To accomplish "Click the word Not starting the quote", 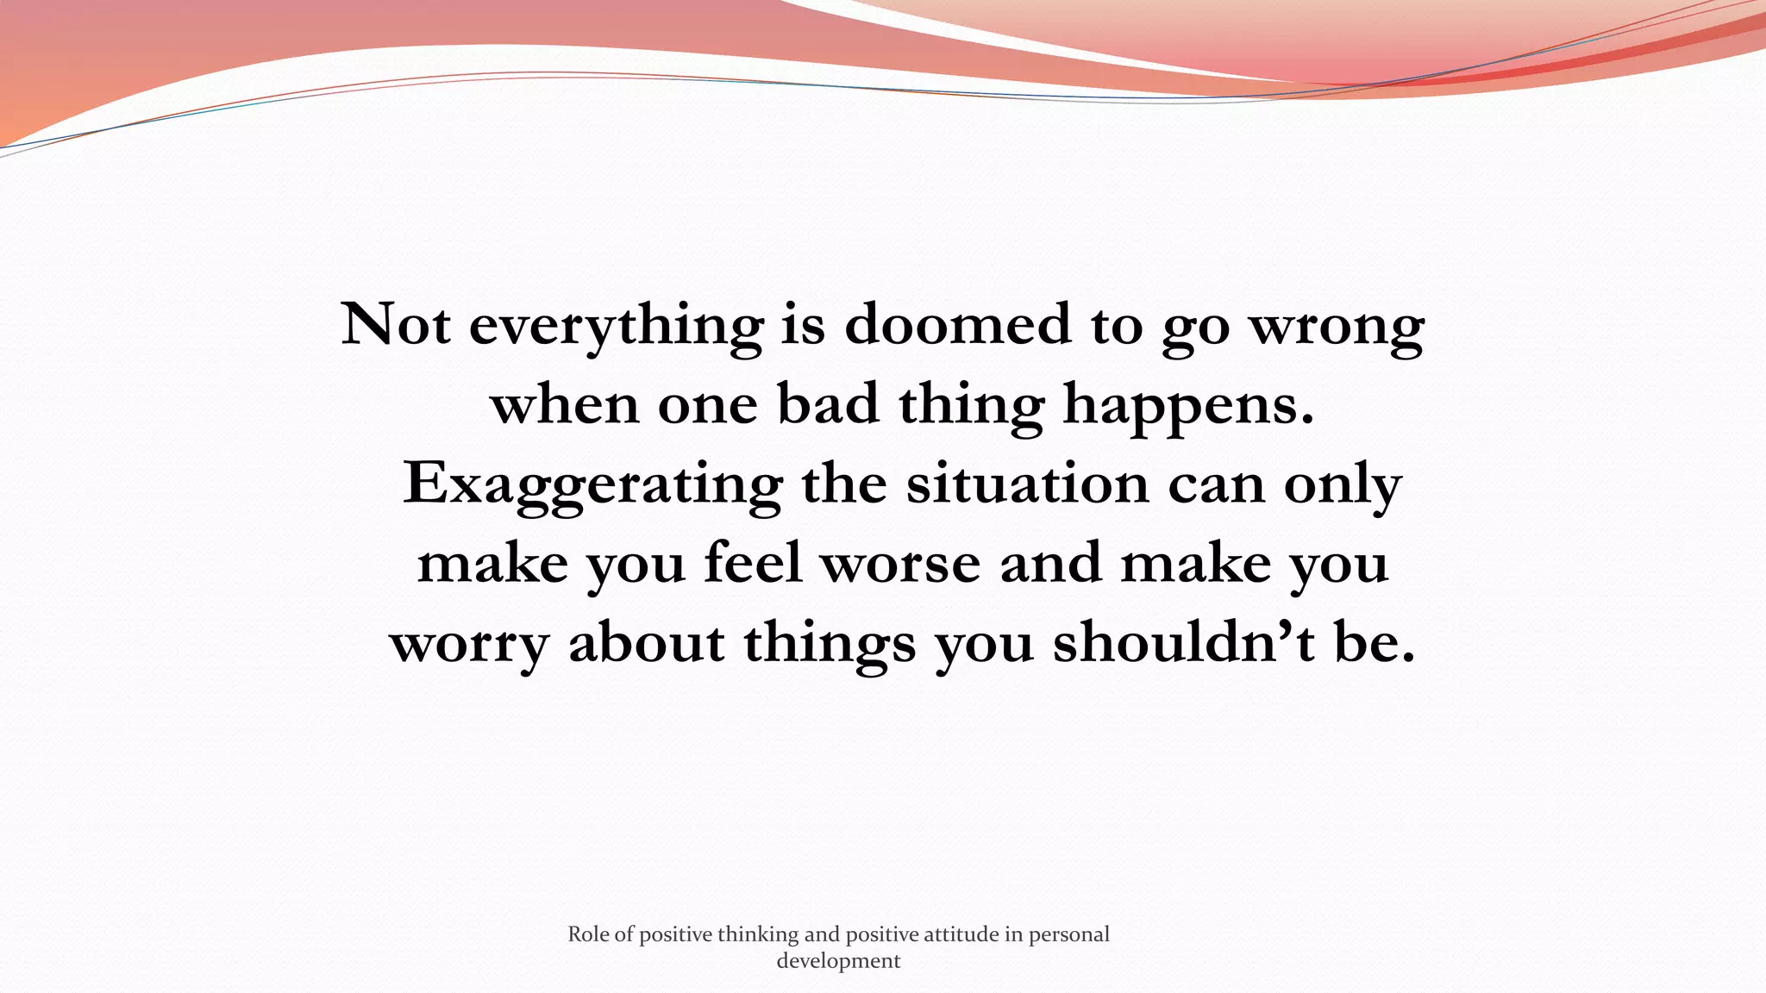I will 396,325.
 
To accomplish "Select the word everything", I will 616,327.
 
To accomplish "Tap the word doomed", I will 957,325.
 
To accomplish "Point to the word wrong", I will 1337,328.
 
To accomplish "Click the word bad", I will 829,404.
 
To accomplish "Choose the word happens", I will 1188,406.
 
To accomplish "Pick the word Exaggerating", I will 592,485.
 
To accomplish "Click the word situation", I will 1027,484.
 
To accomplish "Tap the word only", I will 1342,485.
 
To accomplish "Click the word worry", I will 469,644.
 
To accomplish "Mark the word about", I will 647,642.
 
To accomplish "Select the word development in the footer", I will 838,961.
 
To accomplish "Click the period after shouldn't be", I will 1408,660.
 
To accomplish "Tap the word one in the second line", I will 707,406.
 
